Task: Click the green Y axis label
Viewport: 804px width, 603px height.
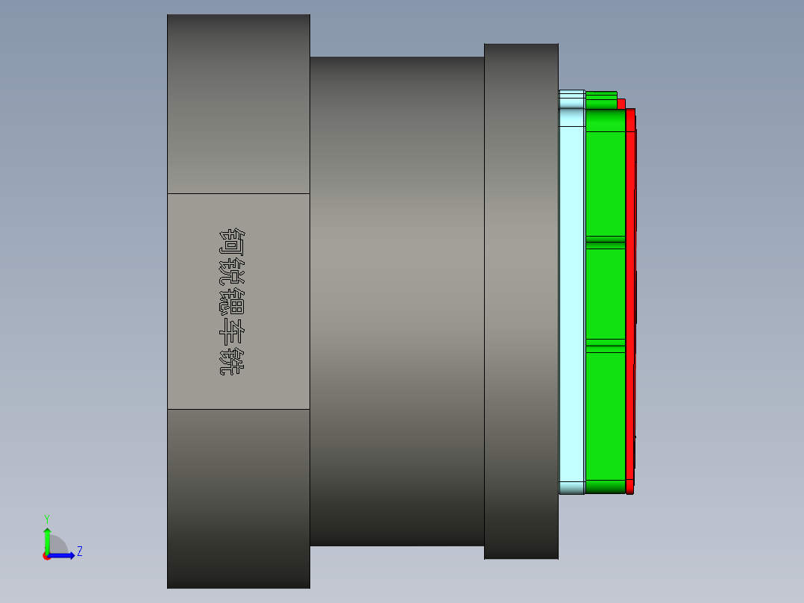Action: point(46,518)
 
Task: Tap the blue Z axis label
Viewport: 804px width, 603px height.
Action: point(79,552)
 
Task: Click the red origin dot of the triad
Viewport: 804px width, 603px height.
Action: point(46,556)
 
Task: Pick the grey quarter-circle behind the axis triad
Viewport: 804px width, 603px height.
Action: point(59,546)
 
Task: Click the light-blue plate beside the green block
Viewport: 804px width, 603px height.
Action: point(571,299)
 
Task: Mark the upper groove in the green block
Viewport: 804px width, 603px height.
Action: point(605,241)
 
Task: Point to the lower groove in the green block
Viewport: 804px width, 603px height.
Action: point(605,344)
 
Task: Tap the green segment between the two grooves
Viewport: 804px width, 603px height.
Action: point(605,293)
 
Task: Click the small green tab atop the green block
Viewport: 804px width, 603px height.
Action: point(601,96)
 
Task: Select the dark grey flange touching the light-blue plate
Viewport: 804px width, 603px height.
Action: point(521,299)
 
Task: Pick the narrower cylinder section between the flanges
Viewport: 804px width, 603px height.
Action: point(396,299)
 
